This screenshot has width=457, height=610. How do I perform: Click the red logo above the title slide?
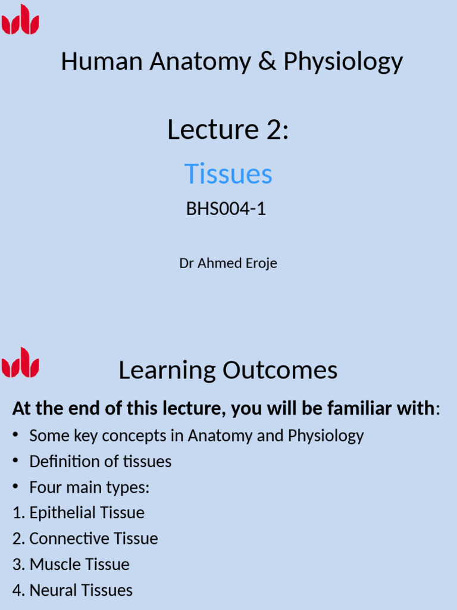tap(20, 19)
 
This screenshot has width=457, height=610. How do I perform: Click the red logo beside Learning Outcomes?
tap(20, 362)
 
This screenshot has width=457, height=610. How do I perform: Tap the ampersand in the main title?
tap(267, 61)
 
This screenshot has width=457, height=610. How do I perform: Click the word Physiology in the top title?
tap(343, 62)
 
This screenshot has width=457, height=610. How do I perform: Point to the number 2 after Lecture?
tap(273, 129)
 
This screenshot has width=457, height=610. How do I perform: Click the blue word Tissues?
tap(228, 173)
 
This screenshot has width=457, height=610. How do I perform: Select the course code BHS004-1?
tap(226, 208)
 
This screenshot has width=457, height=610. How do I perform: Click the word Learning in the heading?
tap(167, 371)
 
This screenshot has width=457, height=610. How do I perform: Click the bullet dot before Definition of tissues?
tap(15, 460)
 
